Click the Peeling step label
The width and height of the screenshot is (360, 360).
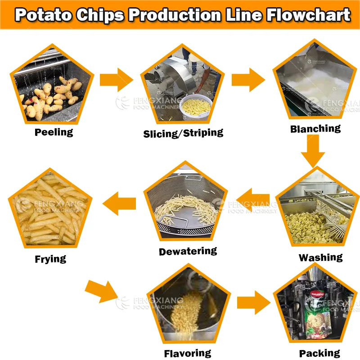point(54,132)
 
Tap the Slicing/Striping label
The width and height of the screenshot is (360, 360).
point(183,133)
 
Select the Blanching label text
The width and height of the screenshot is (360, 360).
point(315,129)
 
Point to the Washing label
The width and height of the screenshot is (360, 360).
point(320,257)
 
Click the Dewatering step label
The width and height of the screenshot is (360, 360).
point(188,251)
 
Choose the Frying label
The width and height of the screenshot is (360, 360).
point(50,259)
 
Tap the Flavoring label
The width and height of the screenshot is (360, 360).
point(187,353)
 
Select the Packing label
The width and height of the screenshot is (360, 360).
point(319,353)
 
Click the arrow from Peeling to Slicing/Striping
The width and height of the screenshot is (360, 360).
point(117,79)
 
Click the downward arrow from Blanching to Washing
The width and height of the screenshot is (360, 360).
point(313,151)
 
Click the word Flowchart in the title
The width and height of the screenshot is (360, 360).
point(308,15)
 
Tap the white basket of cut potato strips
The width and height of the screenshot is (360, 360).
point(196,105)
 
